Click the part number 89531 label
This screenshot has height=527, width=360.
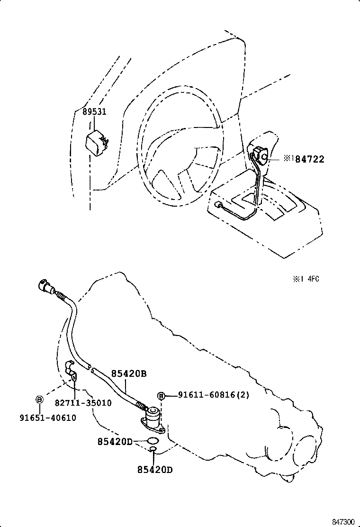(x=94, y=112)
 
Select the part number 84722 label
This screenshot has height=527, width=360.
(x=310, y=160)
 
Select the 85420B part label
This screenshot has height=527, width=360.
(x=129, y=373)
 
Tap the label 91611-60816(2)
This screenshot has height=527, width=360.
(x=213, y=395)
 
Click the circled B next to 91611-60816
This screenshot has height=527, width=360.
(x=161, y=396)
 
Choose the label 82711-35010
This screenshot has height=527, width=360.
(x=83, y=403)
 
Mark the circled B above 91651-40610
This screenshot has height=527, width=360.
(x=39, y=400)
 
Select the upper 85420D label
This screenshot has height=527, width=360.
(x=115, y=442)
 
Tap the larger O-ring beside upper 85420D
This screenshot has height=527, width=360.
(x=152, y=442)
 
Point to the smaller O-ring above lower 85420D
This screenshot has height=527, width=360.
(x=153, y=448)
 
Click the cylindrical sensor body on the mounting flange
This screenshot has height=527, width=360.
(x=153, y=418)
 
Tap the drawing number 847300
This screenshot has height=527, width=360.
(x=343, y=521)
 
